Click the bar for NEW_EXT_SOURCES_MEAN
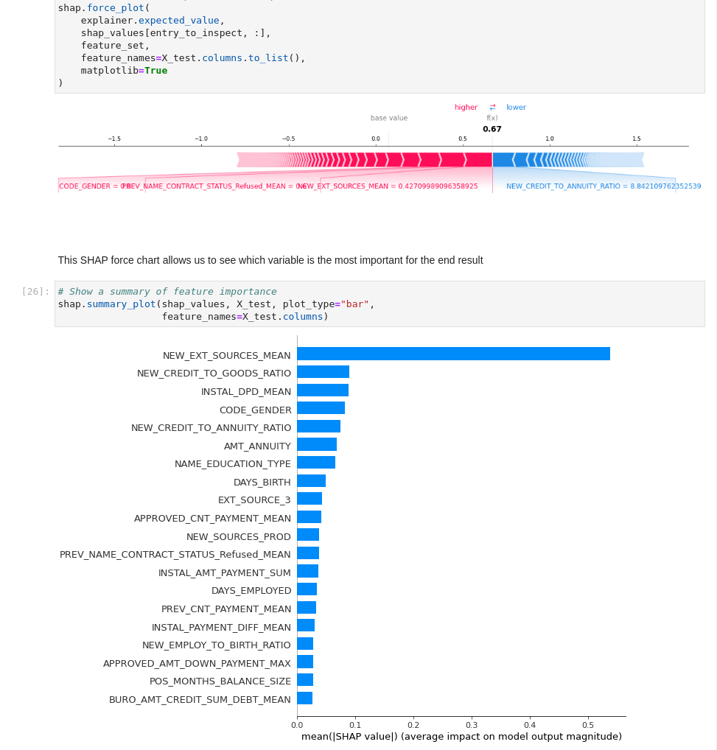pos(453,354)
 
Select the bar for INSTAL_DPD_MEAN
pos(323,390)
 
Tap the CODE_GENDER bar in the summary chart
pos(321,408)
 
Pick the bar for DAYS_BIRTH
pos(311,481)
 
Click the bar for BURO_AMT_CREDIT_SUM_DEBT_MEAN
pos(305,698)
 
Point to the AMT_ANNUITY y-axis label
pos(257,446)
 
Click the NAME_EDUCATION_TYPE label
pos(232,463)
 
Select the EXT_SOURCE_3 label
pos(253,500)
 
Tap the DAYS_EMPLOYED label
pos(251,590)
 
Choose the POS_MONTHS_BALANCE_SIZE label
pos(220,681)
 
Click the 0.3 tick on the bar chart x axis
pos(472,724)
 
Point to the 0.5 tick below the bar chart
pos(588,724)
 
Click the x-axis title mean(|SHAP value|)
pos(461,736)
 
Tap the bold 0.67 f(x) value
pos(492,129)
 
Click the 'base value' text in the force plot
pos(388,118)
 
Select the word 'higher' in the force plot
pos(466,107)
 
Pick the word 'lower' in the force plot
pos(516,107)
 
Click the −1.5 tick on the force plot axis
pos(114,139)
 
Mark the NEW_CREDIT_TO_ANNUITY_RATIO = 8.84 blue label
pos(604,186)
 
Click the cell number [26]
pos(35,291)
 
